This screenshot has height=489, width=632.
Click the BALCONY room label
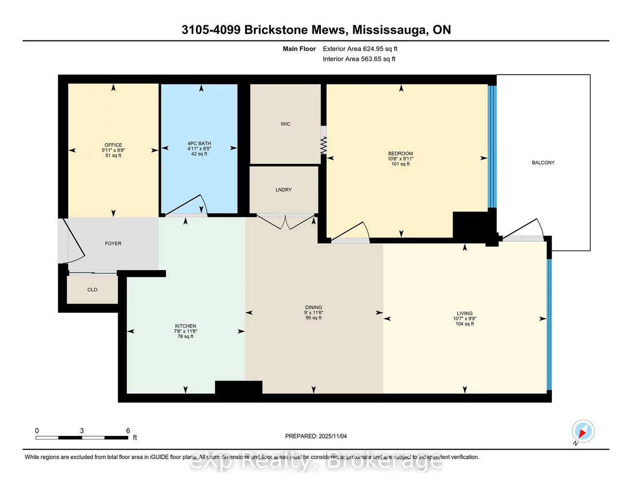click(x=543, y=163)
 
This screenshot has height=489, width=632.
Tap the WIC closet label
click(x=285, y=124)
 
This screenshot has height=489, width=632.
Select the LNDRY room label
click(x=283, y=190)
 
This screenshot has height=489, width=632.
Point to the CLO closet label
click(x=92, y=290)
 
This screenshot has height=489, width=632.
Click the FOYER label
click(x=113, y=244)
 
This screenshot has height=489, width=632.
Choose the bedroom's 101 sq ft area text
click(x=401, y=164)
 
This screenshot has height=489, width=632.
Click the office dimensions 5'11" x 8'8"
click(x=113, y=150)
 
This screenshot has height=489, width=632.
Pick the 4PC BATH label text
click(x=199, y=144)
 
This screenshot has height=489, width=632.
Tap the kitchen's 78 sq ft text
click(x=185, y=337)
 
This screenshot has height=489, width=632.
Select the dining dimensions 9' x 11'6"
click(x=314, y=313)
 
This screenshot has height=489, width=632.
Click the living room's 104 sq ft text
click(x=464, y=324)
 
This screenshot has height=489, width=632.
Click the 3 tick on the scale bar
click(x=82, y=431)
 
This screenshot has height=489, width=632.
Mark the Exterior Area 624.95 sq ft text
click(x=360, y=49)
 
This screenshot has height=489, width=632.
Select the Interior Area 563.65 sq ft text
click(x=359, y=59)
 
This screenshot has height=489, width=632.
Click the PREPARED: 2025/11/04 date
click(x=316, y=436)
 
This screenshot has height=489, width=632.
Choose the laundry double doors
click(x=286, y=222)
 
